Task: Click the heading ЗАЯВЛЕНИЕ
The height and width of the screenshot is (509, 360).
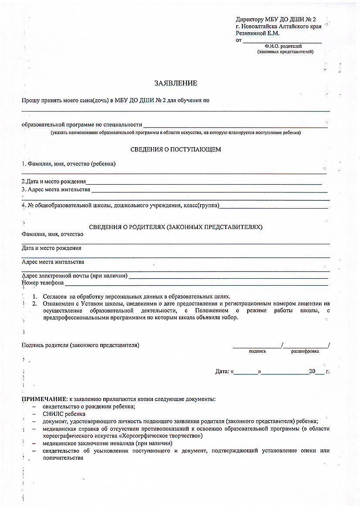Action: tap(176, 83)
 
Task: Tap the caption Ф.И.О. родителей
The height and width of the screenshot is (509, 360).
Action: tap(283, 46)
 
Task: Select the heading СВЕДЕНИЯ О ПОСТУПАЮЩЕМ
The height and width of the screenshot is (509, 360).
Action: tap(176, 149)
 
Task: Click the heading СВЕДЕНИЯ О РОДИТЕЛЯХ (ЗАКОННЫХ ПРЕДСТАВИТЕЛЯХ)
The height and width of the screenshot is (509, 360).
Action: tap(176, 227)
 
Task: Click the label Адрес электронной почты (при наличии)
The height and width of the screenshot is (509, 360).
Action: tap(75, 276)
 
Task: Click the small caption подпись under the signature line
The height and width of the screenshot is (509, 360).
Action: tap(257, 351)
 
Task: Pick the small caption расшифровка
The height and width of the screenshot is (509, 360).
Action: tap(305, 351)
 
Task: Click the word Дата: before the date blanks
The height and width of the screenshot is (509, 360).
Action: tap(222, 371)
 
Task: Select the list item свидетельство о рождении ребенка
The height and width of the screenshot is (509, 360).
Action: tap(88, 406)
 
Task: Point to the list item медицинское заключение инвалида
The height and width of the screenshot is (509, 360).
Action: tap(89, 443)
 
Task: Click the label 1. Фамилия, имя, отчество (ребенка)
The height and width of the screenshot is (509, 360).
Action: tap(69, 164)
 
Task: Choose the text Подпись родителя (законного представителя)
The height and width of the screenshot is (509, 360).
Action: tap(81, 345)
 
